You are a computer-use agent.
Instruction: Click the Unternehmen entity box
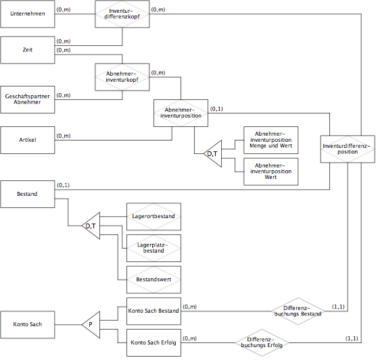coord(28,14)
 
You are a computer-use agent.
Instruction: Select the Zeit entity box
coord(28,50)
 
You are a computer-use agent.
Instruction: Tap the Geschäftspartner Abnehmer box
coord(28,99)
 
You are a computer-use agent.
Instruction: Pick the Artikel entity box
coord(28,140)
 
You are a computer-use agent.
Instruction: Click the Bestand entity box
coord(28,194)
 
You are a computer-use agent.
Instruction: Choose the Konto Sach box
coord(28,324)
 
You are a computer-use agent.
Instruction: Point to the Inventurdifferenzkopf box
coord(122,14)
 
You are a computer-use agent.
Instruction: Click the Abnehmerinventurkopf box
coord(122,77)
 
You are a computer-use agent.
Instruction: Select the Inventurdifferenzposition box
coord(348,149)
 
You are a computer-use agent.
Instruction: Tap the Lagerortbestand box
coord(153,217)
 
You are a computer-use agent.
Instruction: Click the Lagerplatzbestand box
coord(153,248)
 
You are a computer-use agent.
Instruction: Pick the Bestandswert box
coord(153,280)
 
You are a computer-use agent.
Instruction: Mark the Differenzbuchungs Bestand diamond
coord(298,311)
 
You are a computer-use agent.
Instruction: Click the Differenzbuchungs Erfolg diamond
coord(262,342)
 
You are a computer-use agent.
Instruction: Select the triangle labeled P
coord(91,325)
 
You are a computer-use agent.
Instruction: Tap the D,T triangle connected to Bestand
coord(91,226)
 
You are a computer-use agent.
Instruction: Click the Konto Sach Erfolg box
coord(153,342)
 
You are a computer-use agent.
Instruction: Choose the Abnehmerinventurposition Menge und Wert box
coord(271,140)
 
